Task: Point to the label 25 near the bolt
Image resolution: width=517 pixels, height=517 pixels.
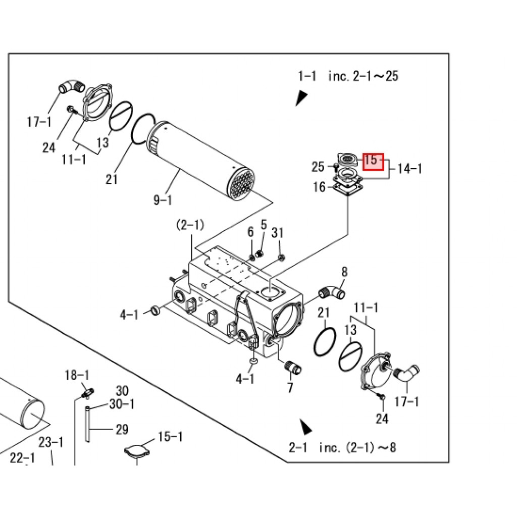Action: click(318, 167)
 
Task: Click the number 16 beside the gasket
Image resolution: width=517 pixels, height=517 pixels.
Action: click(319, 187)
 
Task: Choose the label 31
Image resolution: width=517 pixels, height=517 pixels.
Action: click(278, 233)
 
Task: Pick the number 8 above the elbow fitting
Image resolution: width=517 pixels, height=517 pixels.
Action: click(344, 273)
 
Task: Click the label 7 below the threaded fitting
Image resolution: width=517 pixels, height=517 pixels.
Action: click(290, 388)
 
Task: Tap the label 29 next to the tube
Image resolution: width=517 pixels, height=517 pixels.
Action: click(122, 430)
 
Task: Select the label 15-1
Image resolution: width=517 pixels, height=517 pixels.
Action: click(170, 437)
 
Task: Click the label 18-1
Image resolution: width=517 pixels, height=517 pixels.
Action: click(77, 375)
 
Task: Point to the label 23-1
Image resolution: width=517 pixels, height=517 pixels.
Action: click(51, 443)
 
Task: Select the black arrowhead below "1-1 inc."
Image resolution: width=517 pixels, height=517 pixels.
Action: click(301, 97)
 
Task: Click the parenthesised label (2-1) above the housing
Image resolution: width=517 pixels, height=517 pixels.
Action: click(190, 225)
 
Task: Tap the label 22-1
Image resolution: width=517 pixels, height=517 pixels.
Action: click(23, 458)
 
